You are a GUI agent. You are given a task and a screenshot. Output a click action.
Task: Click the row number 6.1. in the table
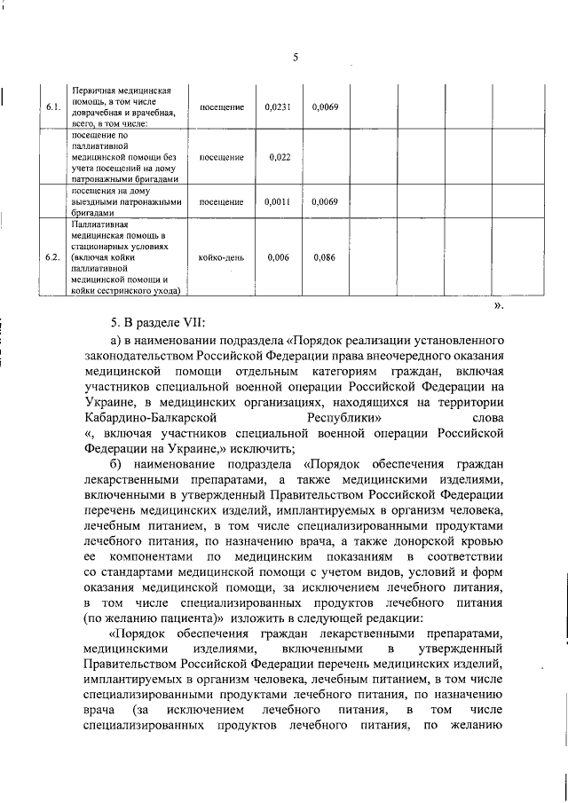click(52, 107)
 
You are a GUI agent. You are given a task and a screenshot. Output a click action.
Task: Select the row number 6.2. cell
click(52, 257)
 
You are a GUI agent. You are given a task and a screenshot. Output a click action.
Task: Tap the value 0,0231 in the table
click(278, 107)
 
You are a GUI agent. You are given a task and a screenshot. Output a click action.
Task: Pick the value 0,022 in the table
click(278, 157)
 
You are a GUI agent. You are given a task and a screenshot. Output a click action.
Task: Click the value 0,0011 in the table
click(278, 201)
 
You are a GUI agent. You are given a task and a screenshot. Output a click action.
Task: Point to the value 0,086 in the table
click(325, 257)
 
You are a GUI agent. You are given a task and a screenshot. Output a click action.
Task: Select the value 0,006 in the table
click(278, 257)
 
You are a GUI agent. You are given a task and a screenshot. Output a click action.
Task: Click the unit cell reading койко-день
click(222, 257)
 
